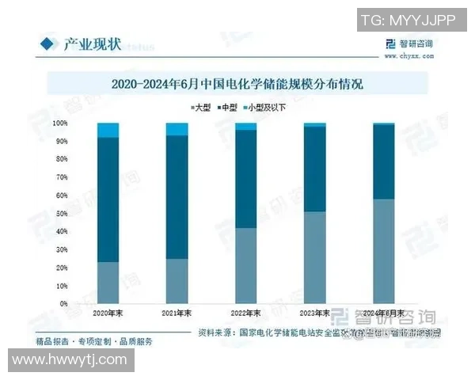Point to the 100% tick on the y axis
click(x=61, y=123)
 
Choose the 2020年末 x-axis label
click(x=108, y=313)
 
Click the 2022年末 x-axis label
click(x=246, y=313)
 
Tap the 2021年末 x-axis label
click(x=177, y=313)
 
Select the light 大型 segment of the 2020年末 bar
click(x=108, y=283)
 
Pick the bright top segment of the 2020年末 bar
click(x=108, y=130)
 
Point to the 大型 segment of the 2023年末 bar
click(x=315, y=257)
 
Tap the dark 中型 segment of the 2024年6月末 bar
click(x=384, y=161)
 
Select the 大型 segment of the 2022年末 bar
click(x=246, y=265)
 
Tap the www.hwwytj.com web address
click(x=69, y=360)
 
